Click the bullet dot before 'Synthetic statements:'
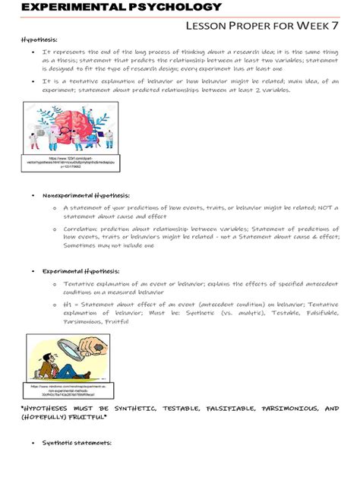[33, 443]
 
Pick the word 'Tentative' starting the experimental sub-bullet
[79, 283]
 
